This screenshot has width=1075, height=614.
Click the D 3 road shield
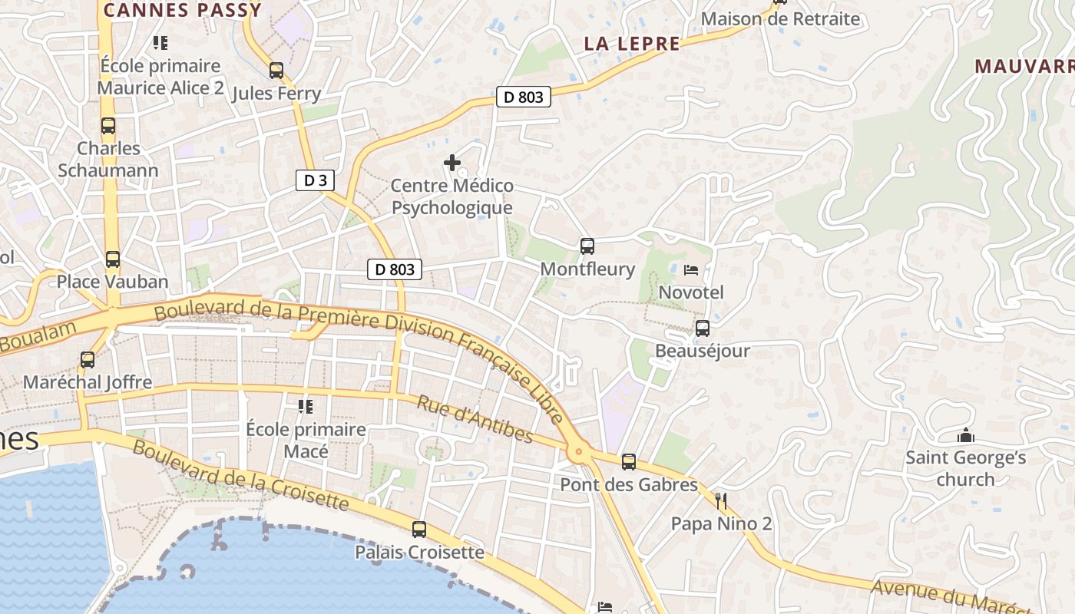315,180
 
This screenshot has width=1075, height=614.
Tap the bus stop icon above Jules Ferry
276,71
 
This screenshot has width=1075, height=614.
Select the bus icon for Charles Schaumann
108,126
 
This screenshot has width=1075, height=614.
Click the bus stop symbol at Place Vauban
113,259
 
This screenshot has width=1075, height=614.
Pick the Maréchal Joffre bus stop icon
88,359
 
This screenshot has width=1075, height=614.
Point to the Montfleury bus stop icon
587,246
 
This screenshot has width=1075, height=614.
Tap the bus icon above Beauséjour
702,328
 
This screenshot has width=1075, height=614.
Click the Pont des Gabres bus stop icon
629,462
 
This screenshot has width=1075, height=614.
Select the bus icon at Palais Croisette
419,529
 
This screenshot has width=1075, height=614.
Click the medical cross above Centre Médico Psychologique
452,163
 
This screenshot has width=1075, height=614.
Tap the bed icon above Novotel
691,270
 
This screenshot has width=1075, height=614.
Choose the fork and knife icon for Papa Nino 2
721,501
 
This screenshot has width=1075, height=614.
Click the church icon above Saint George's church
966,436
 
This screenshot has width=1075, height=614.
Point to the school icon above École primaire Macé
306,406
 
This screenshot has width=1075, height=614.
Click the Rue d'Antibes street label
475,419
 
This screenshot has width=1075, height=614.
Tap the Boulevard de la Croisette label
240,476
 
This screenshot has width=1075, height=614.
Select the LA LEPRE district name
632,44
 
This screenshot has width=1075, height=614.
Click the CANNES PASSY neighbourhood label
183,10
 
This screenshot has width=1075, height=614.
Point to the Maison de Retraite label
780,19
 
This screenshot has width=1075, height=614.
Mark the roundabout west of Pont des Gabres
578,454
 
